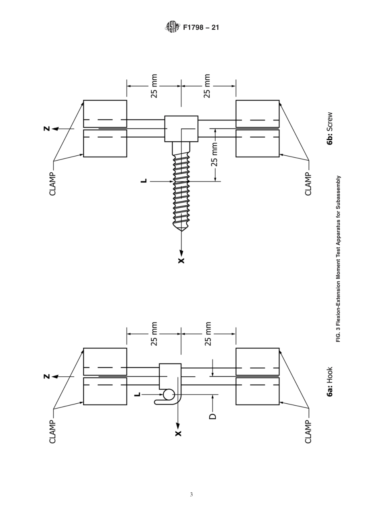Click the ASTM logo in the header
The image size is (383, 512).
pyautogui.click(x=173, y=27)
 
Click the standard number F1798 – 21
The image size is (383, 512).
pyautogui.click(x=201, y=28)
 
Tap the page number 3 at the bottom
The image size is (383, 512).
pyautogui.click(x=191, y=495)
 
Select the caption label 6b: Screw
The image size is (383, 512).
pyautogui.click(x=330, y=128)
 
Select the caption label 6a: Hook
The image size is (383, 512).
pyautogui.click(x=330, y=382)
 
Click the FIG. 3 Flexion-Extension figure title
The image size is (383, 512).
pyautogui.click(x=338, y=259)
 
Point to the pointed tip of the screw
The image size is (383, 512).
pyautogui.click(x=181, y=229)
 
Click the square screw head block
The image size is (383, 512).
pyautogui.click(x=181, y=129)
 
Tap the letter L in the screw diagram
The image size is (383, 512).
pyautogui.click(x=144, y=182)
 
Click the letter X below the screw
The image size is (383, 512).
pyautogui.click(x=181, y=260)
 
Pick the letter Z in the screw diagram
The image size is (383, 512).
pyautogui.click(x=47, y=129)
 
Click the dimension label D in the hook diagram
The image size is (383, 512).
pyautogui.click(x=213, y=416)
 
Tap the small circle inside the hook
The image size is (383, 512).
pyautogui.click(x=169, y=395)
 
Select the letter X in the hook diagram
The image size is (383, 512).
pyautogui.click(x=178, y=433)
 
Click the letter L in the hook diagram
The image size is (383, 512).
pyautogui.click(x=137, y=394)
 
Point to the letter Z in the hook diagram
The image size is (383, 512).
pyautogui.click(x=47, y=377)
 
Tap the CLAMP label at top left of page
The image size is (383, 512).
pyautogui.click(x=53, y=184)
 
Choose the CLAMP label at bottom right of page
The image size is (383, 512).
pyautogui.click(x=308, y=431)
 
